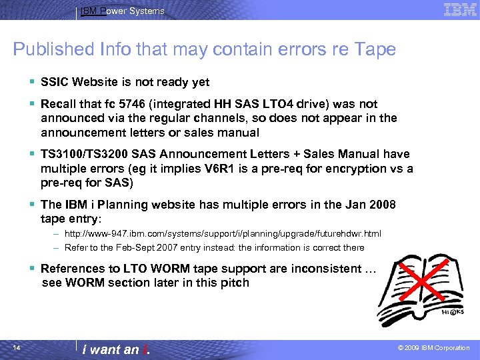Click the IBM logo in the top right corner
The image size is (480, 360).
tap(460, 9)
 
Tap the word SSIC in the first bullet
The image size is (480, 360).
tap(55, 82)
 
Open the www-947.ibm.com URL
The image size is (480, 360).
tap(223, 234)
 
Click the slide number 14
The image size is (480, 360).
tap(17, 347)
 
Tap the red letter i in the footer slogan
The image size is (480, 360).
tap(145, 349)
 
